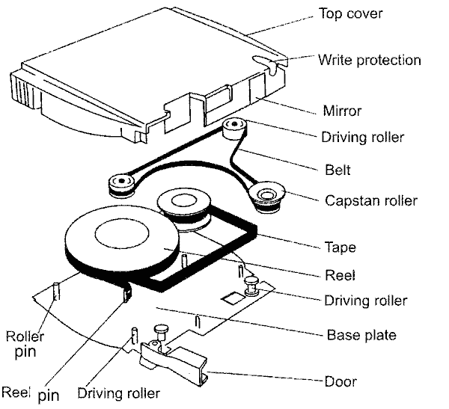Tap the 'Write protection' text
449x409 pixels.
370,60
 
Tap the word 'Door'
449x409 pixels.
340,381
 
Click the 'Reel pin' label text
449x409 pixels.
30,392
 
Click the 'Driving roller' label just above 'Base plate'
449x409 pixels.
367,301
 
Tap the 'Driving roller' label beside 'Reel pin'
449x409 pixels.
119,393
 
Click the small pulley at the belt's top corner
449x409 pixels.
236,126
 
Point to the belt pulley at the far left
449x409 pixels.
121,182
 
